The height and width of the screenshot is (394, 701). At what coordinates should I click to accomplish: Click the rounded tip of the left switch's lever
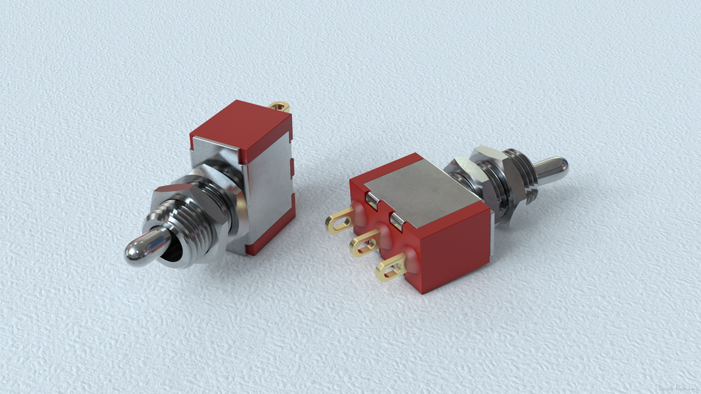pos(137,250)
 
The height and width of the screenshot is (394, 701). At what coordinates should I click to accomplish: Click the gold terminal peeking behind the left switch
pos(280,107)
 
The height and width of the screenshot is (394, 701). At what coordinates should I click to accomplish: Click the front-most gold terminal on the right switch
pos(391,269)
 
